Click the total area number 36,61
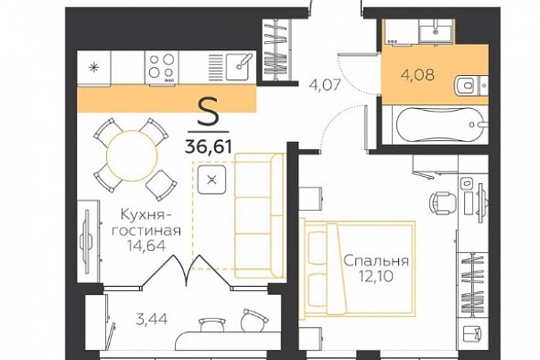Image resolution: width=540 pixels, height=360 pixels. coord(208,147)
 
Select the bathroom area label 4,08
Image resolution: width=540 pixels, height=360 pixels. coord(418,74)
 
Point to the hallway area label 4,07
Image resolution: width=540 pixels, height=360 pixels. coord(325,85)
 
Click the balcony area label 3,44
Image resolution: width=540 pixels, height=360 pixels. coord(152,319)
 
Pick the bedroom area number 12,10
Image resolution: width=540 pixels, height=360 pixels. coord(376,276)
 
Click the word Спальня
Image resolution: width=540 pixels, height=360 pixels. coord(376,261)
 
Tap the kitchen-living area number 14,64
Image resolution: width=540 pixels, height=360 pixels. coord(146,246)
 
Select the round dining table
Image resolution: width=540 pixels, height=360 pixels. coord(132,155)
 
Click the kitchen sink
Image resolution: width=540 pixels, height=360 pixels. coord(237,67)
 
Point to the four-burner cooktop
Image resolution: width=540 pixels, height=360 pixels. coord(162,68)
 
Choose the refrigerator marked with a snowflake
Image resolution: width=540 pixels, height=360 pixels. coord(94,68)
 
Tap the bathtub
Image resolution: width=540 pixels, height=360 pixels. coord(440,124)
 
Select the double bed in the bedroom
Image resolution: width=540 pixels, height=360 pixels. coord(359,269)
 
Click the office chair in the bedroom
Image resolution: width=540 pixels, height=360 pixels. coord(444,203)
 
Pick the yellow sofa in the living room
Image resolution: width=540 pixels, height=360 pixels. coord(260,215)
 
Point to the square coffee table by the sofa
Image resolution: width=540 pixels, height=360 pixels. coord(212,180)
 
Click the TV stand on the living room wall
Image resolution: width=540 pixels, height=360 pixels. coord(88,241)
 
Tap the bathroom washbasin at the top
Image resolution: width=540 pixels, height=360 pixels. coord(435,32)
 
